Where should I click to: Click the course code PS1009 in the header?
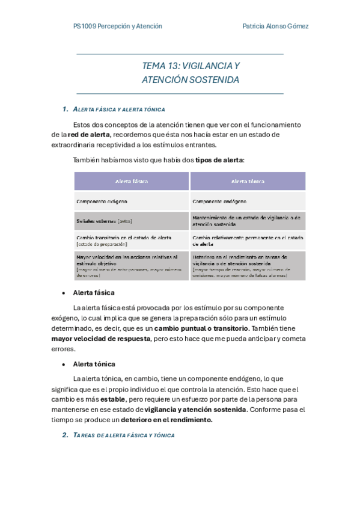point(84,26)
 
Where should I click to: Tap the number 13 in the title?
point(171,66)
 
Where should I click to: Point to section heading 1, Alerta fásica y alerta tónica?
point(118,109)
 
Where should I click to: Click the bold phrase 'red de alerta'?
point(88,135)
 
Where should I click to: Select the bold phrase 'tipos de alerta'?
point(219,160)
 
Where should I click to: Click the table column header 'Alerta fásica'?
point(132,181)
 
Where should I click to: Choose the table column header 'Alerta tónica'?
point(248,181)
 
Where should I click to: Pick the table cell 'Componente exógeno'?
point(102,201)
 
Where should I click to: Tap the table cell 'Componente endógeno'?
point(219,201)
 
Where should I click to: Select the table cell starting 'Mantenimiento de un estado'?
point(246,221)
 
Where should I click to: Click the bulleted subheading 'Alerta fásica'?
point(94,293)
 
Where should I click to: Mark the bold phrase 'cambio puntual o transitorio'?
point(201,328)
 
